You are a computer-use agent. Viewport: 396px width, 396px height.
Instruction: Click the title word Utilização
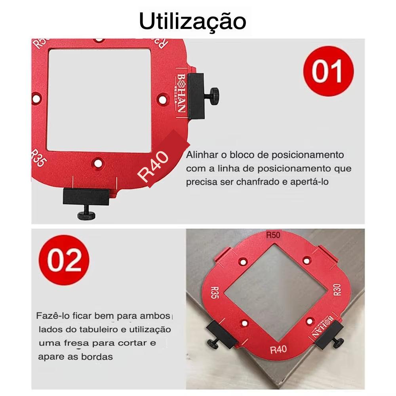(x=192, y=21)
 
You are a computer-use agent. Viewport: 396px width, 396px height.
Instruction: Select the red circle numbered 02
(x=64, y=259)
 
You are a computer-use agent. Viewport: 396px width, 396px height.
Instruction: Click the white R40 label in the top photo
(x=154, y=168)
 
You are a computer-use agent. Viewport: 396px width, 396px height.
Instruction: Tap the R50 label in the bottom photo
(x=273, y=235)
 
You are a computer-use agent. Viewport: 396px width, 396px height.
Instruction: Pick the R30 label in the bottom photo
(x=337, y=290)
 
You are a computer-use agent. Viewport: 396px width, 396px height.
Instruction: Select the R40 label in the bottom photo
(x=278, y=349)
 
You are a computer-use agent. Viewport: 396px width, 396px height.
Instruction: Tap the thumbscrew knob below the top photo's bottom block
(x=87, y=215)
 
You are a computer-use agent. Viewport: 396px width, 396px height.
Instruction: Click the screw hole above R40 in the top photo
(x=97, y=162)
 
